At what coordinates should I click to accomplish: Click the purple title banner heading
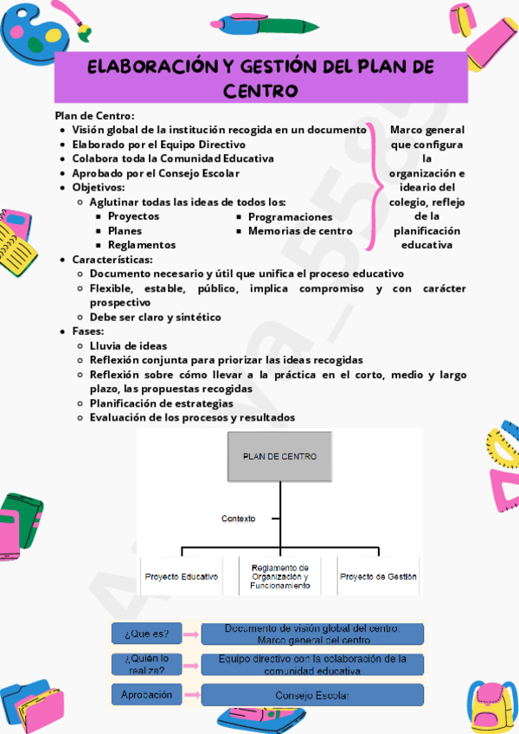pyautogui.click(x=260, y=78)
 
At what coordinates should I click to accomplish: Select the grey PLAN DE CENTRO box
pyautogui.click(x=279, y=456)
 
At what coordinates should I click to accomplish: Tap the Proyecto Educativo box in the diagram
pyautogui.click(x=182, y=576)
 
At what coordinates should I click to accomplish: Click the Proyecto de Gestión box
pyautogui.click(x=378, y=576)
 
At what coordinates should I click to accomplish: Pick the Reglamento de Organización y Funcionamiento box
pyautogui.click(x=279, y=576)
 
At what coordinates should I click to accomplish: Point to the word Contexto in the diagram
pyautogui.click(x=238, y=518)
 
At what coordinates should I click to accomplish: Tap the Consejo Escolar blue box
pyautogui.click(x=312, y=694)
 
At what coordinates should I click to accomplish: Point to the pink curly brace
pyautogui.click(x=374, y=187)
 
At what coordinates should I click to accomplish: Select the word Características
pyautogui.click(x=112, y=259)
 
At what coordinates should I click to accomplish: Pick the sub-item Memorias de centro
pyautogui.click(x=300, y=231)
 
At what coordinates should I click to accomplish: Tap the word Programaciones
pyautogui.click(x=290, y=216)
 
